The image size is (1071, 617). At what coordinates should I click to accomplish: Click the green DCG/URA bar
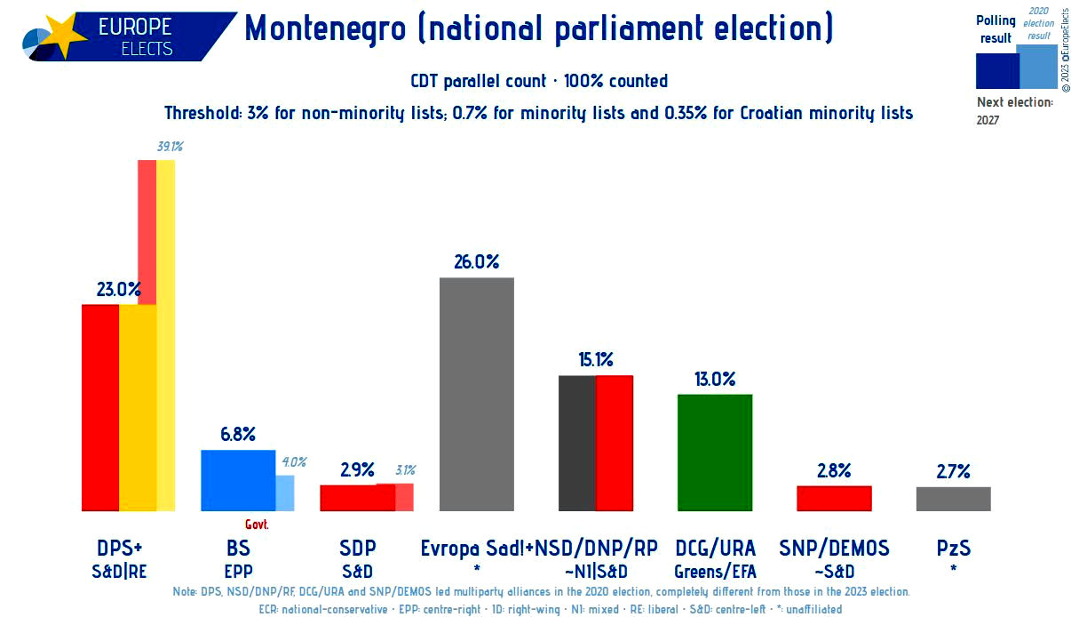[715, 453]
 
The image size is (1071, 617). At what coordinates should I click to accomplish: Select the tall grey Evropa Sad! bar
[477, 394]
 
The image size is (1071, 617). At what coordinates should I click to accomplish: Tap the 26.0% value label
[477, 262]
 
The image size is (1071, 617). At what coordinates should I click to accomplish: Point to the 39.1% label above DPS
[171, 146]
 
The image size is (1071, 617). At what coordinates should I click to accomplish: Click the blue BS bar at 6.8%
[238, 480]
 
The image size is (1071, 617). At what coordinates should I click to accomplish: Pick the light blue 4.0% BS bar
[285, 493]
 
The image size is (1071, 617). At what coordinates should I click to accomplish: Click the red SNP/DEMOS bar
[834, 498]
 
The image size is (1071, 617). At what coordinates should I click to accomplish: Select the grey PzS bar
[954, 499]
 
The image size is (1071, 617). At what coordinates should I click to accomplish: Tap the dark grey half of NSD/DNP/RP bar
[577, 444]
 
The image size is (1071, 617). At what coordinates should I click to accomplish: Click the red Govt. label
[257, 525]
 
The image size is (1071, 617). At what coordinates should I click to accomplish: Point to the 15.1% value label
[596, 359]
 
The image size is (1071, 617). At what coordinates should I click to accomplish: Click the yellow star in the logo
[65, 35]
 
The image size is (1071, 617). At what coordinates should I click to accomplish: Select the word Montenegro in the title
[325, 28]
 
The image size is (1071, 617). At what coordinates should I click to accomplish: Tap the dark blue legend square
[997, 71]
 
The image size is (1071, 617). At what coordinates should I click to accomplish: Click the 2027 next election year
[988, 120]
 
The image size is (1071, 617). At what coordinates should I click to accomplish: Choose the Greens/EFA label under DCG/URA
[715, 572]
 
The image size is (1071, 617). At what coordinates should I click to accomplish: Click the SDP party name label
[358, 548]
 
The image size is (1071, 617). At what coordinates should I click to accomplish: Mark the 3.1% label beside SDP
[406, 470]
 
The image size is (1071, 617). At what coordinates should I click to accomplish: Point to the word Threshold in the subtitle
[203, 113]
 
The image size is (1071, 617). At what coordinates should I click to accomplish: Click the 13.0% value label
[715, 379]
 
